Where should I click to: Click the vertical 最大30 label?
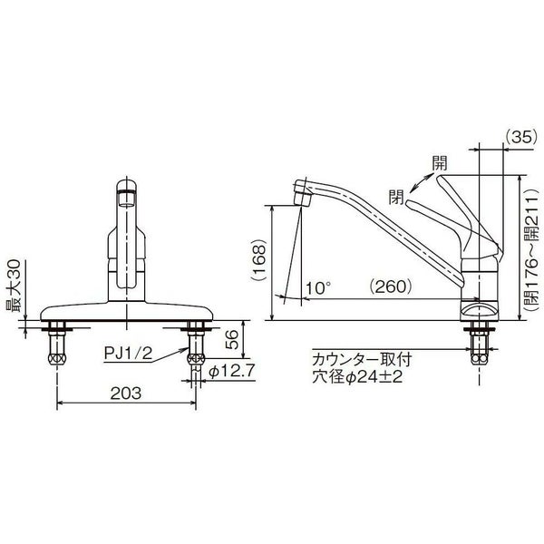[15, 287]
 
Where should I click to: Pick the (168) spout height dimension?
[259, 263]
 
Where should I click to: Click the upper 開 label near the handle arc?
[439, 164]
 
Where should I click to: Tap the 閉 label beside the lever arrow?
[396, 194]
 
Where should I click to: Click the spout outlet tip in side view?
[302, 193]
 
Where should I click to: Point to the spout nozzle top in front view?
[128, 189]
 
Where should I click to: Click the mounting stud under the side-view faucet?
[479, 345]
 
